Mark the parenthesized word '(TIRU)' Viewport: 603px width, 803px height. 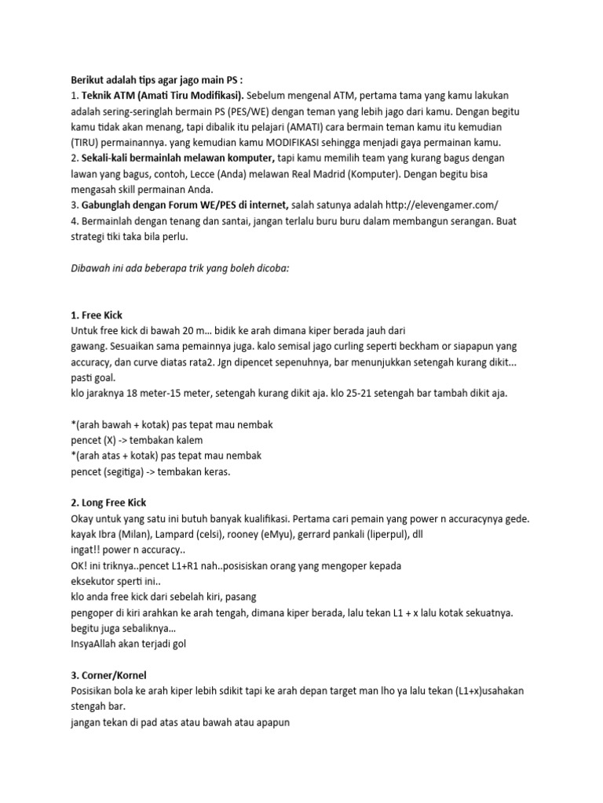click(87, 142)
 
